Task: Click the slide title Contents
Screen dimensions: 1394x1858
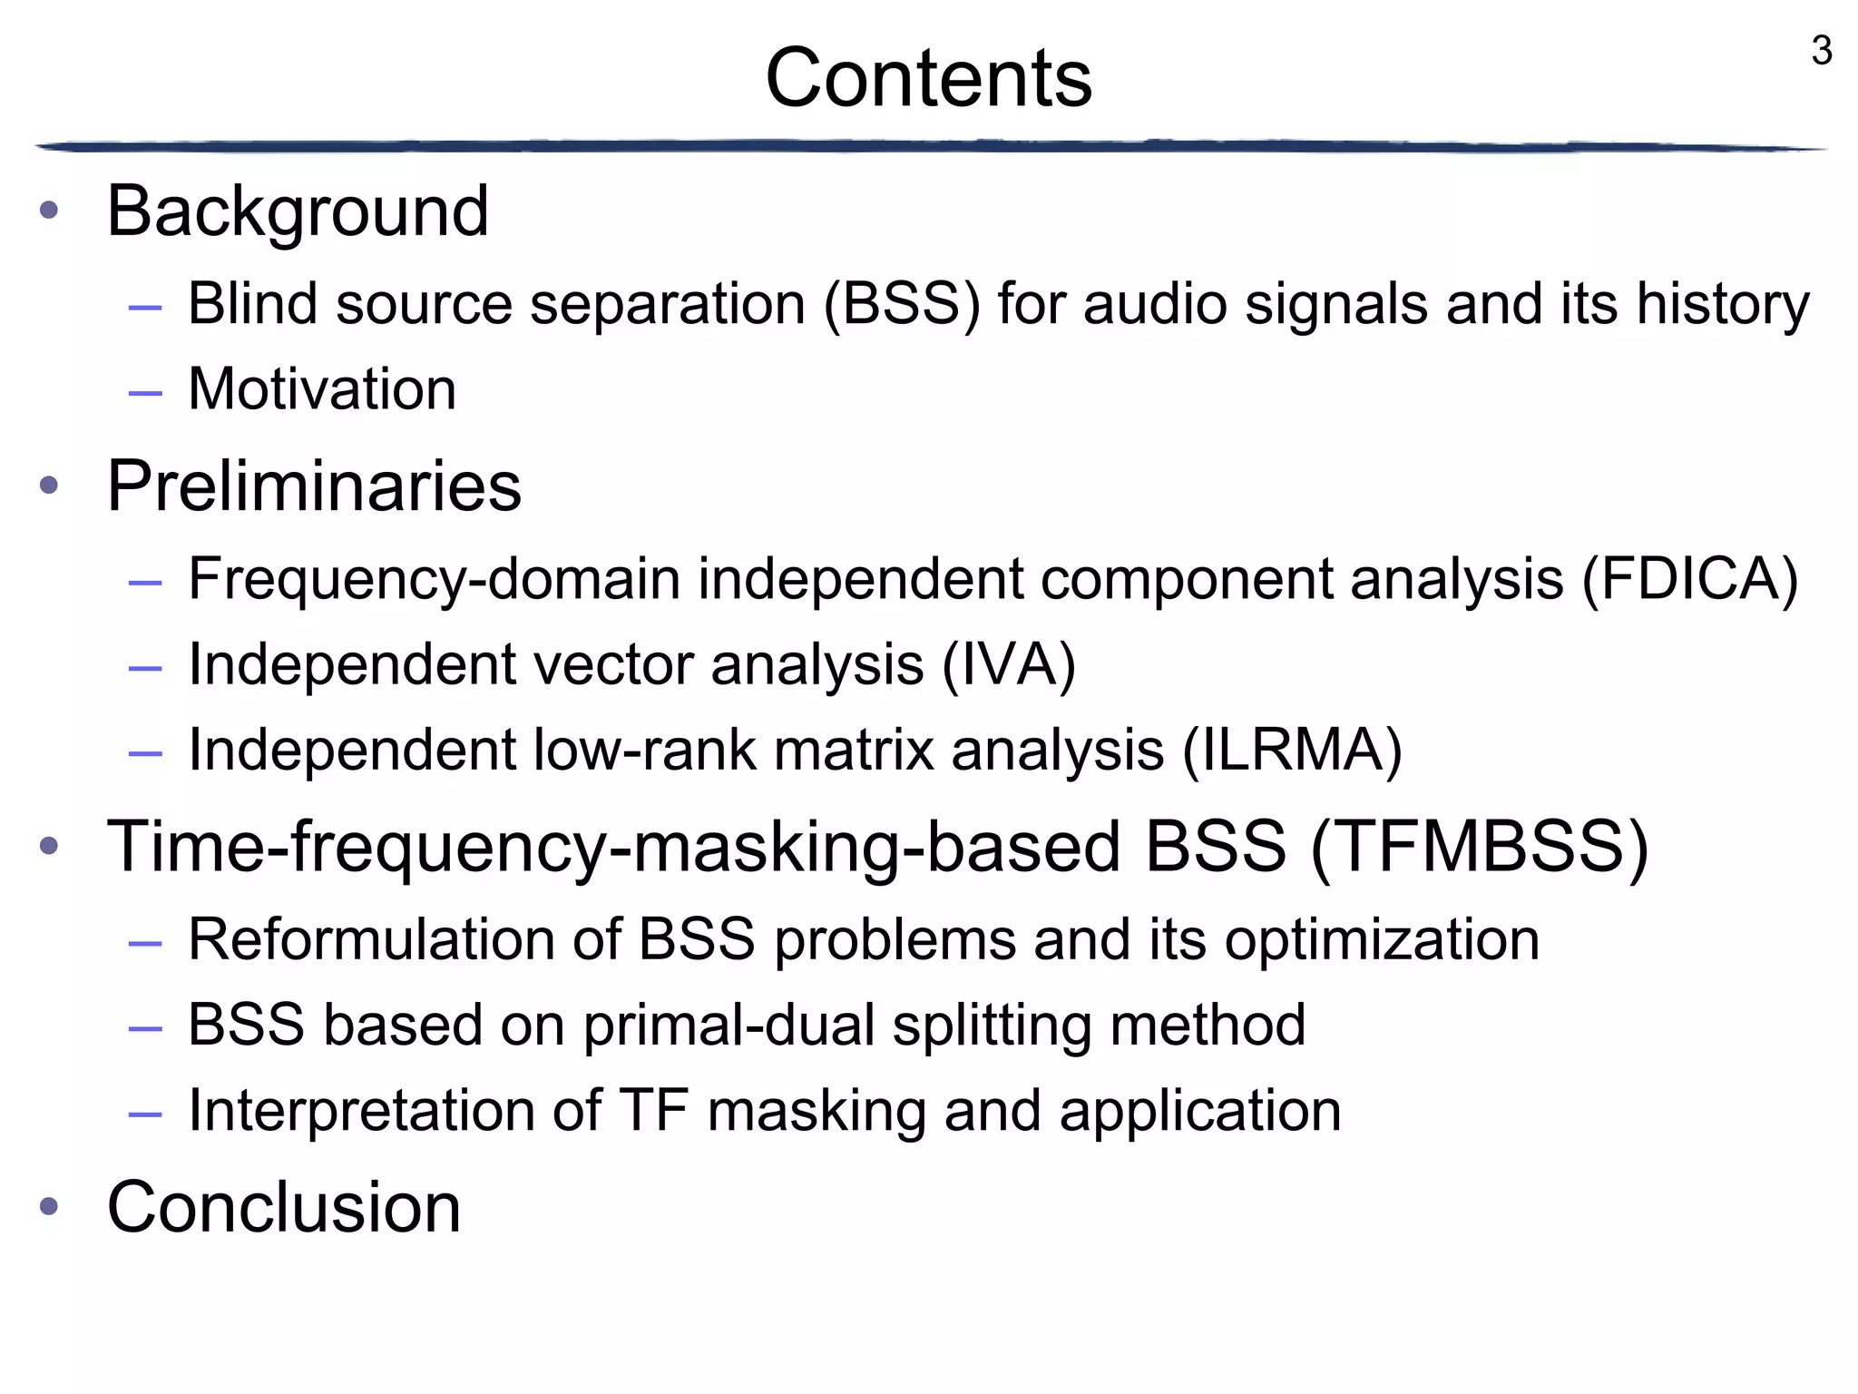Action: click(928, 78)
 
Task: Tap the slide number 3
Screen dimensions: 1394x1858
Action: click(1821, 51)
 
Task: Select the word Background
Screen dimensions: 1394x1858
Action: click(298, 211)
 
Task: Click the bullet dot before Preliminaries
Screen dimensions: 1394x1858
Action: click(49, 486)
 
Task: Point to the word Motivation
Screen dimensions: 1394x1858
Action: click(322, 389)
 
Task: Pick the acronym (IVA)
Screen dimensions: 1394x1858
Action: click(1009, 664)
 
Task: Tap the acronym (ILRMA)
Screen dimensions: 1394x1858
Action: click(1292, 751)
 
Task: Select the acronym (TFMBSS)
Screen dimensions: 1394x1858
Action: click(1480, 847)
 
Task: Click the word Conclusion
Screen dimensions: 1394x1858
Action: click(284, 1207)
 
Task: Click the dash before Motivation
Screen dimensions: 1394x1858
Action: click(145, 392)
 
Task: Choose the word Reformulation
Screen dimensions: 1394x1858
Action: click(371, 939)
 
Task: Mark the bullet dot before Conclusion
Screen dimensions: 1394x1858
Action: click(49, 1207)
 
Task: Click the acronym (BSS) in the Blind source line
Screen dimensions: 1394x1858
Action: click(902, 304)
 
